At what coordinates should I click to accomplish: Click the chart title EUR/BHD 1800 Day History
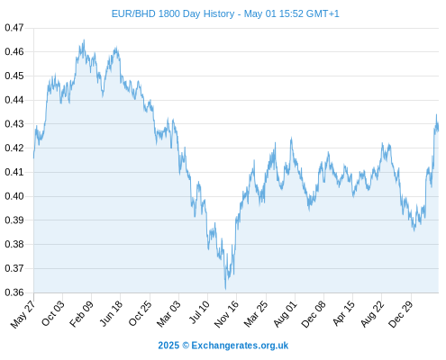pyautogui.click(x=173, y=13)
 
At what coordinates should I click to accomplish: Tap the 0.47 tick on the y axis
pyautogui.click(x=14, y=28)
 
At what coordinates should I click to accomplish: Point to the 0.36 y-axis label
pyautogui.click(x=14, y=292)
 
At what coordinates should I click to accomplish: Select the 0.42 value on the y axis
pyautogui.click(x=14, y=148)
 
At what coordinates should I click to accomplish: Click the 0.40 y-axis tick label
pyautogui.click(x=14, y=196)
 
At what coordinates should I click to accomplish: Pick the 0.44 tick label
pyautogui.click(x=14, y=100)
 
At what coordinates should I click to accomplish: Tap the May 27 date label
pyautogui.click(x=23, y=314)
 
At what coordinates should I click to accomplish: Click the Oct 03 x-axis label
pyautogui.click(x=53, y=313)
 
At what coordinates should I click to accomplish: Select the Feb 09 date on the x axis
pyautogui.click(x=81, y=314)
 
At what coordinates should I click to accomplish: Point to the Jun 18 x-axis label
pyautogui.click(x=111, y=313)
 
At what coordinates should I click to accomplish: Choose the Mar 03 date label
pyautogui.click(x=168, y=314)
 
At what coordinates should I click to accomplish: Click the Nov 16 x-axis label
pyautogui.click(x=226, y=314)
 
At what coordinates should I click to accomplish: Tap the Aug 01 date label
pyautogui.click(x=285, y=314)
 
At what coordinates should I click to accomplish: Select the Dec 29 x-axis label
pyautogui.click(x=400, y=314)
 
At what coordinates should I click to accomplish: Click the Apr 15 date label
pyautogui.click(x=343, y=313)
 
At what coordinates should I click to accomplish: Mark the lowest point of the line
pyautogui.click(x=225, y=289)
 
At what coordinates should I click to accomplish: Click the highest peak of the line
pyautogui.click(x=84, y=40)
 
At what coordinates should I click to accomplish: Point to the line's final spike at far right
pyautogui.click(x=436, y=114)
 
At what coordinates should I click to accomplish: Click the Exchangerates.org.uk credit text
pyautogui.click(x=240, y=346)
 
